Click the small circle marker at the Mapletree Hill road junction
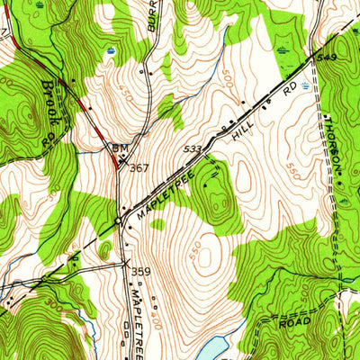click(x=118, y=219)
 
